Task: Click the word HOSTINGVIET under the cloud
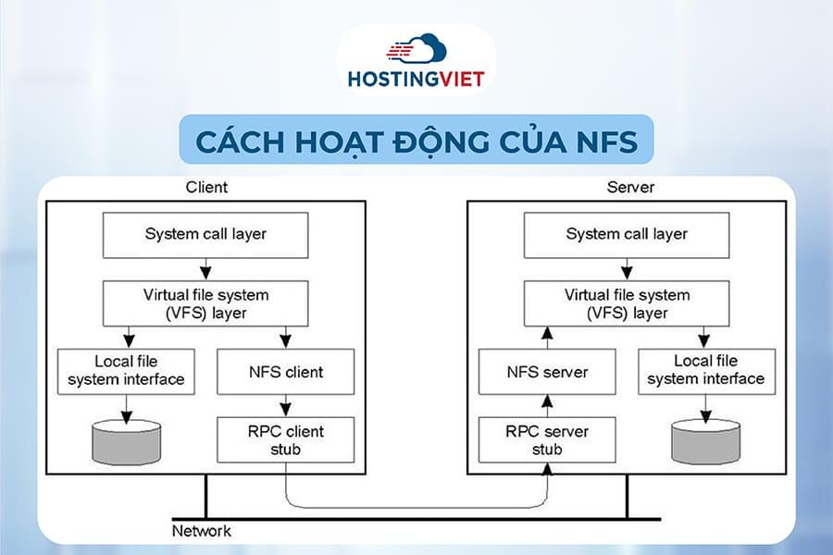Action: (416, 79)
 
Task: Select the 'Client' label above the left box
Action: (206, 187)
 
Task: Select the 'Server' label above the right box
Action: (630, 187)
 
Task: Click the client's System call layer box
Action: (205, 234)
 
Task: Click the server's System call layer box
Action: (627, 234)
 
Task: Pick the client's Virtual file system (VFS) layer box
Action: (205, 303)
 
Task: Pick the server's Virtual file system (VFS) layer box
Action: (627, 303)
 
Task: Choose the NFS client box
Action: (285, 372)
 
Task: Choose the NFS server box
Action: (548, 373)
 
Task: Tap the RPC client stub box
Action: (285, 439)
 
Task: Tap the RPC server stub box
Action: (548, 439)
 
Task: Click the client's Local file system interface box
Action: (126, 371)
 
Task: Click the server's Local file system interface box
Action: (706, 371)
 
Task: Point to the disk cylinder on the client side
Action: (126, 441)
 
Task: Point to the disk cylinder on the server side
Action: (706, 441)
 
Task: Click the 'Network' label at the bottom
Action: (202, 531)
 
